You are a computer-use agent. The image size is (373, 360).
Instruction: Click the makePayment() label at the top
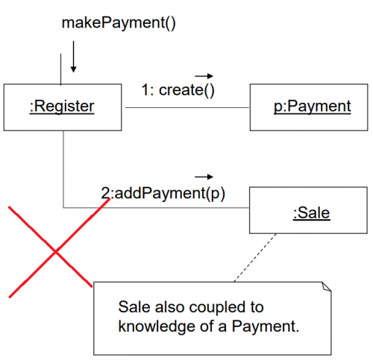tap(119, 23)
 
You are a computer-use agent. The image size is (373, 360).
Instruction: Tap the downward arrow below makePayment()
tap(73, 57)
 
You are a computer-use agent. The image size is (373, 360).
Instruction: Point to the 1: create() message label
tap(178, 90)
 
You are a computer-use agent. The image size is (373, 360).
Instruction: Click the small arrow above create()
tap(204, 76)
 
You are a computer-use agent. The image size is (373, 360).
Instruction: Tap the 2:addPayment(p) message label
tap(163, 193)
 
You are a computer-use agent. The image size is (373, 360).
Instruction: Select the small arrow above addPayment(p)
tap(204, 177)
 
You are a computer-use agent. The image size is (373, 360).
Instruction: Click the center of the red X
tap(56, 252)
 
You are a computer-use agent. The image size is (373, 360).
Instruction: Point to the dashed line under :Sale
tap(255, 258)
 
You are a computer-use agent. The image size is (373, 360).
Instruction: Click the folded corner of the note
tap(327, 286)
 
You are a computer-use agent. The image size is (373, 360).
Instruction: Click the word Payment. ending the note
tap(266, 326)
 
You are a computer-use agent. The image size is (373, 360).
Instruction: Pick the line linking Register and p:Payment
tap(187, 107)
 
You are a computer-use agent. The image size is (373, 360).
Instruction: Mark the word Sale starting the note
tap(134, 307)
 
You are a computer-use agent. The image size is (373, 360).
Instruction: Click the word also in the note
tap(170, 307)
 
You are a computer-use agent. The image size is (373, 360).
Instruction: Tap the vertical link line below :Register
tap(63, 169)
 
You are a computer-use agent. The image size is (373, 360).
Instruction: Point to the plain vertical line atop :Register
tap(60, 69)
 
